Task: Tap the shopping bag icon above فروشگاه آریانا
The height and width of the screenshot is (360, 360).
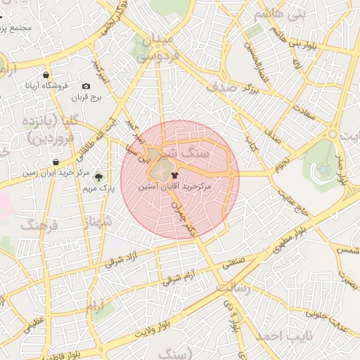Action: click(x=46, y=75)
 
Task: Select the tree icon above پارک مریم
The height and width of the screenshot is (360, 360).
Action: click(x=98, y=178)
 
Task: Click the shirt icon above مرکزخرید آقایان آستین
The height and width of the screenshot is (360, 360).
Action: click(x=174, y=175)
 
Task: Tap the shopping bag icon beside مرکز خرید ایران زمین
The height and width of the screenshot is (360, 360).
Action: click(x=56, y=162)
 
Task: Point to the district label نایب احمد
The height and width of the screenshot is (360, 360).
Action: click(x=275, y=336)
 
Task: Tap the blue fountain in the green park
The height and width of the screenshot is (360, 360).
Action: click(x=323, y=169)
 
